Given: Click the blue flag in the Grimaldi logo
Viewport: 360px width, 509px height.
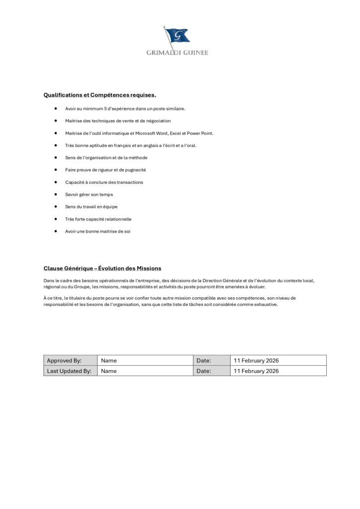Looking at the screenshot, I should [x=178, y=35].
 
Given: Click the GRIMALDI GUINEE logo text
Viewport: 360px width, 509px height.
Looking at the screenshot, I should [x=177, y=52].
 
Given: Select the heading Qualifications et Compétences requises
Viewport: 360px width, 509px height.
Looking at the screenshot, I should [x=99, y=94].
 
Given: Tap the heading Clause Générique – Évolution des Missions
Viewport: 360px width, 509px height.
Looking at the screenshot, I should [x=102, y=268].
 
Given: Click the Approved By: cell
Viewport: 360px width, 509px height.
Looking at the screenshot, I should [x=64, y=360].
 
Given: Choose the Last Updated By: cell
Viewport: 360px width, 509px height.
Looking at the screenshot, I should [x=69, y=371].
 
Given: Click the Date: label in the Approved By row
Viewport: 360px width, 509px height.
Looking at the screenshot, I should [x=204, y=360].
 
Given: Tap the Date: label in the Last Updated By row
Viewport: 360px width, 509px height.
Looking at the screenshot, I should [x=204, y=371].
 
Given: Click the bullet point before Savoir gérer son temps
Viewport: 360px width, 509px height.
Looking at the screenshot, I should [x=56, y=194].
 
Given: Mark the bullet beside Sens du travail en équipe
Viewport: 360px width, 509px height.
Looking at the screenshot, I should [x=56, y=206].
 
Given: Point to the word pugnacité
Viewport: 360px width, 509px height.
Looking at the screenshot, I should [x=136, y=170].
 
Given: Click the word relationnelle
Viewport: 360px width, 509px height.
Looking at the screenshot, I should [x=116, y=219].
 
